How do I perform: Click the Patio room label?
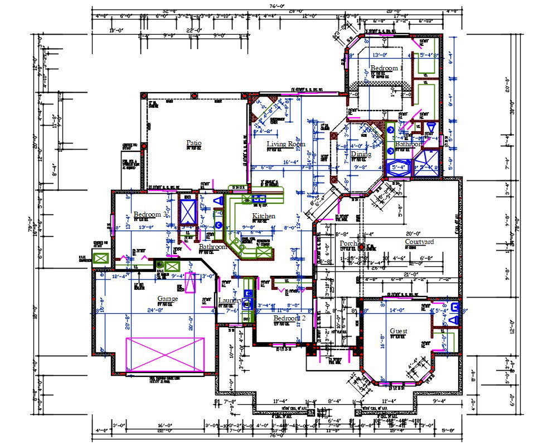(193, 143)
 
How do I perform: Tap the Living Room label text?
(286, 144)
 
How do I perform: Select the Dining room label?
(361, 154)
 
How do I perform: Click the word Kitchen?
(264, 216)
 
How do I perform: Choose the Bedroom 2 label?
(289, 318)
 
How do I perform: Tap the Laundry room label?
(230, 300)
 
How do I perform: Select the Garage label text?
(167, 299)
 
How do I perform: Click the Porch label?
(348, 243)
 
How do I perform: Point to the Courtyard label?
(419, 242)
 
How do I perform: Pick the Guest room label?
(398, 331)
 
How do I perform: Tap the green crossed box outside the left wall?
(101, 259)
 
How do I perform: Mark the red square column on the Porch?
(361, 246)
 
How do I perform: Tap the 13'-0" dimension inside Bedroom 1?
(380, 55)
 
